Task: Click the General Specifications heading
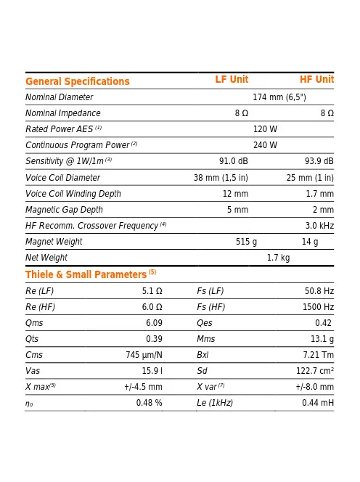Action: (78, 81)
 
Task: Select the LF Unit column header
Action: (232, 80)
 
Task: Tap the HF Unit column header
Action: (316, 80)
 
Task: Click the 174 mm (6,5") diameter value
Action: (279, 97)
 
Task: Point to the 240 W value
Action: (265, 145)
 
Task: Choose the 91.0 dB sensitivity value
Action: (234, 161)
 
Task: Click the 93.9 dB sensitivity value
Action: (319, 161)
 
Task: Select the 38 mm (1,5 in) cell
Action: (221, 178)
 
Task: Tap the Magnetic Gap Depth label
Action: (64, 210)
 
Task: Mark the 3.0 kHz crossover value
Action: (319, 226)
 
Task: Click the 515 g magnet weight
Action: (246, 242)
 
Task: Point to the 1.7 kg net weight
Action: (278, 258)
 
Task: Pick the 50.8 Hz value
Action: (319, 291)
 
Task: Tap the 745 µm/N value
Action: (144, 355)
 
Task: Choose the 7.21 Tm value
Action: (318, 355)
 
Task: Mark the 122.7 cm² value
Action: (314, 371)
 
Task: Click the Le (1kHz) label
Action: (215, 403)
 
